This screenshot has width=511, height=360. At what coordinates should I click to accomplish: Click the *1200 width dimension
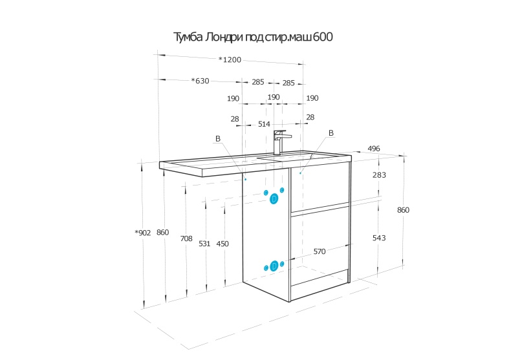point(230,60)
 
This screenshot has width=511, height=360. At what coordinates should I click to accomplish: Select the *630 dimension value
point(201,81)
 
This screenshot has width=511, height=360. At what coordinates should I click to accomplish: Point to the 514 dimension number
point(264,124)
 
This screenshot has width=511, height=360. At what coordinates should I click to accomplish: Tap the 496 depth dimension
point(374,149)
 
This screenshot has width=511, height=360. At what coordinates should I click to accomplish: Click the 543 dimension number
point(379,238)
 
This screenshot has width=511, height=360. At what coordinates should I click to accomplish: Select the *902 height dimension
point(143,233)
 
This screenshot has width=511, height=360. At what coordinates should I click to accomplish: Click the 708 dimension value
point(186,238)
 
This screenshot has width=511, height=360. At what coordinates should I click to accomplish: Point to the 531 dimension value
point(204,244)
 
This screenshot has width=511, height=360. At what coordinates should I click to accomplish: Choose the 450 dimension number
point(223,244)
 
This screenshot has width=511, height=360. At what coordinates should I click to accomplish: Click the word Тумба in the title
point(188,38)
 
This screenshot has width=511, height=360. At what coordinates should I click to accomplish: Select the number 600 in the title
point(323,38)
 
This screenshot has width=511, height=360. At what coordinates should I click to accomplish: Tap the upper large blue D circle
point(274,198)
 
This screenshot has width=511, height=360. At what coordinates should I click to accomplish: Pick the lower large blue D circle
point(274,265)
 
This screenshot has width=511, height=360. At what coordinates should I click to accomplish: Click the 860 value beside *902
point(162,233)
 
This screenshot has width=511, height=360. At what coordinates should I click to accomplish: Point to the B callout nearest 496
point(331,133)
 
